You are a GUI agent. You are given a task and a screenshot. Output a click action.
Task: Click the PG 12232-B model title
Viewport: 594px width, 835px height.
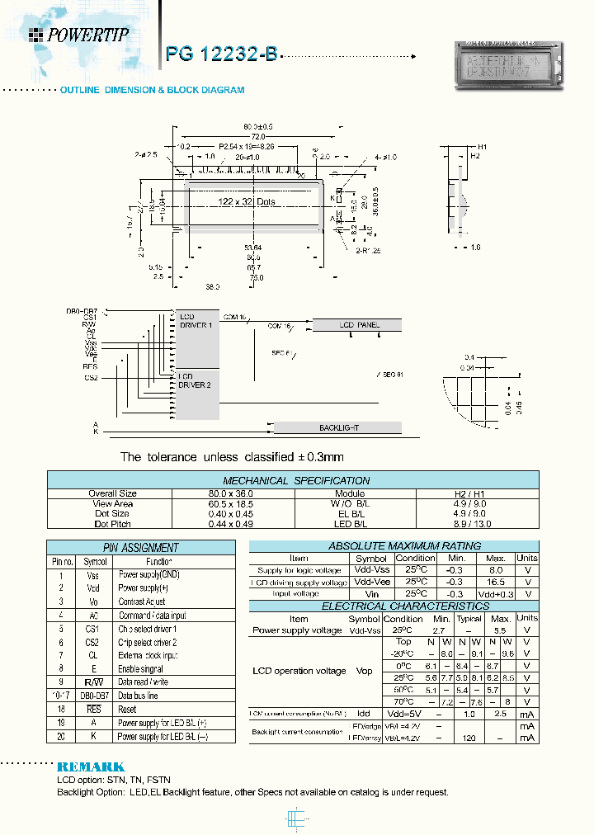pos(221,55)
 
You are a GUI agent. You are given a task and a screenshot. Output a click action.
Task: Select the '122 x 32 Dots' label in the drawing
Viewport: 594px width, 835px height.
pos(246,202)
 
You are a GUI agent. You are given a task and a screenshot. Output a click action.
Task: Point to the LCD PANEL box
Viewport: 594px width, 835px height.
pos(360,325)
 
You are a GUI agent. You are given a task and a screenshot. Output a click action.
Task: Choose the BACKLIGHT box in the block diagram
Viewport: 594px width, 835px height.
pos(338,427)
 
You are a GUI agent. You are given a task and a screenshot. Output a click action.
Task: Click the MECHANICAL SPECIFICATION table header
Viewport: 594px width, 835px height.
pos(296,480)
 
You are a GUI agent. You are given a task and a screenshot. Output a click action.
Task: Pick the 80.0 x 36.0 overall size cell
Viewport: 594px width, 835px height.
pos(234,493)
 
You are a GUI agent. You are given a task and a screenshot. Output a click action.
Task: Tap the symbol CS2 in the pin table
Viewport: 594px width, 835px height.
pos(92,642)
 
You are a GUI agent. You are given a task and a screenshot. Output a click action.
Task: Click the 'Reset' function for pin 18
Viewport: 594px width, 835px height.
pos(127,710)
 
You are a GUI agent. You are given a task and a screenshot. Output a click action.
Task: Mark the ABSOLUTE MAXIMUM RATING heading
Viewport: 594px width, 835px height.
pos(393,546)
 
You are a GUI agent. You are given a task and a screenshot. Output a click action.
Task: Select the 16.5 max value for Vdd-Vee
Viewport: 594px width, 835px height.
pos(497,582)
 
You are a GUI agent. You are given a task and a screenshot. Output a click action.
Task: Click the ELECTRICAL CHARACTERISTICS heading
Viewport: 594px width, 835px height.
pos(393,606)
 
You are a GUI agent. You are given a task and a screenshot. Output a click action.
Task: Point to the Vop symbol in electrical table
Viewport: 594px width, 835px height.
pos(364,671)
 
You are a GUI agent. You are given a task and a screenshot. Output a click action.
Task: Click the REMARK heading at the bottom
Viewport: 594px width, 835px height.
pos(91,767)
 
